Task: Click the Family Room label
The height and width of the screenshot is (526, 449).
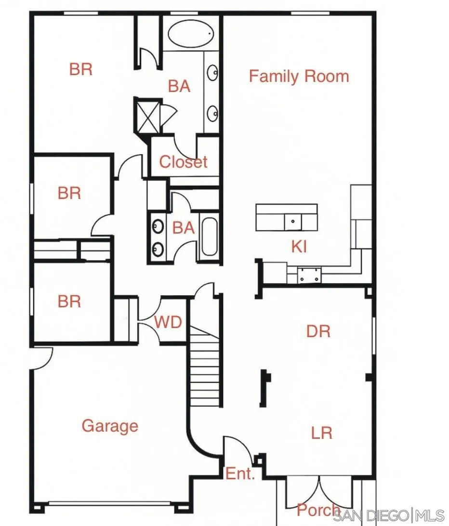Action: pos(299,76)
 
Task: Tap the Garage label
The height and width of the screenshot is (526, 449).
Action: pos(110,426)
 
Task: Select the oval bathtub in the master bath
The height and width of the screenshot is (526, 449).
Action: pos(191,33)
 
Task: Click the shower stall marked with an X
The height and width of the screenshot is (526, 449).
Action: pos(146,115)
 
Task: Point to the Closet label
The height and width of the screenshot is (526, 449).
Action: pos(183,162)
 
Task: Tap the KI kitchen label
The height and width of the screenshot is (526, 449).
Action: pos(299,247)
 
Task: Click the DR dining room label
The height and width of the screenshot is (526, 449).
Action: pos(318,331)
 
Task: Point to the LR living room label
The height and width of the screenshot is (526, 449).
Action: pos(321,433)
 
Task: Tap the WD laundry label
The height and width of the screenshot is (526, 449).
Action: pos(168,322)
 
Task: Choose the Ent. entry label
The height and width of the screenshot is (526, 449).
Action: pos(240,474)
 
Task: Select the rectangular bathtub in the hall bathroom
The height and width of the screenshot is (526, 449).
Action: pos(210,237)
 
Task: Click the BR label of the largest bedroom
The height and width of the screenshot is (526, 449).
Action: pos(80,69)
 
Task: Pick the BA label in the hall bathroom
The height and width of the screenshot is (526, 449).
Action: pos(183,227)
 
